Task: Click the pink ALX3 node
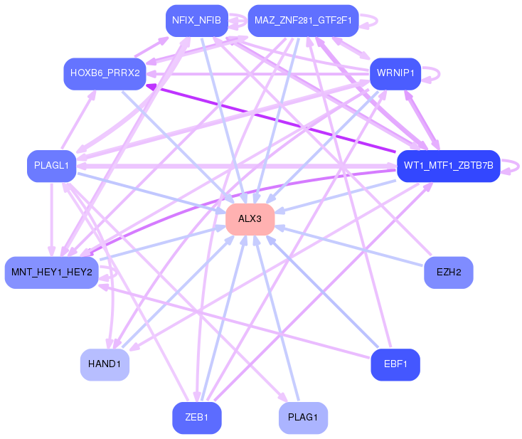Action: click(x=250, y=219)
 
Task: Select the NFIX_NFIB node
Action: click(x=197, y=21)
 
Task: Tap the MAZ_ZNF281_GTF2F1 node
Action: click(x=303, y=21)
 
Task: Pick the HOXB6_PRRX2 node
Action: click(x=105, y=74)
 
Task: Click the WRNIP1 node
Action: click(x=395, y=74)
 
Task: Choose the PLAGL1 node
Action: click(x=52, y=166)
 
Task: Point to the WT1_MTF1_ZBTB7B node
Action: click(x=449, y=166)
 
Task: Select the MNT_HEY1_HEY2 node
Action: click(x=52, y=273)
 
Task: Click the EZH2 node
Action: click(x=449, y=273)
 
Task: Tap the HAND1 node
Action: click(x=105, y=364)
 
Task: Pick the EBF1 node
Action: click(x=395, y=364)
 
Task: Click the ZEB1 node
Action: click(x=197, y=418)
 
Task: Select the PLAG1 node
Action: click(x=303, y=418)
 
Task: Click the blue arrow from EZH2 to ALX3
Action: click(x=349, y=245)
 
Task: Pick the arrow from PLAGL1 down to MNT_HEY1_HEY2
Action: click(x=52, y=219)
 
